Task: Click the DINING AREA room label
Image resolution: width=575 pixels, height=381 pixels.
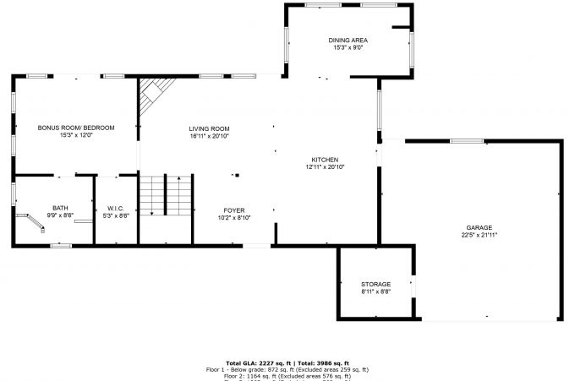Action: point(348,41)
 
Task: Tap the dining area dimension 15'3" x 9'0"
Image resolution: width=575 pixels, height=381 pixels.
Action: point(348,48)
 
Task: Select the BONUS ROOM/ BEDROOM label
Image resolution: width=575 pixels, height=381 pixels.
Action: point(75,128)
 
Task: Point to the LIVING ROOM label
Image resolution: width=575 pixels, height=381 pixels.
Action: point(209,128)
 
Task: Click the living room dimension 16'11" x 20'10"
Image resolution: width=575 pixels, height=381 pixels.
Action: point(209,136)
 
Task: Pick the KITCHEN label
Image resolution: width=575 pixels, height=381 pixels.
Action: point(325,160)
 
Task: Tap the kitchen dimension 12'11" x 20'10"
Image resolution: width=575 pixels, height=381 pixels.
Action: point(325,167)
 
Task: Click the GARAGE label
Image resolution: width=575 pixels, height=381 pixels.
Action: point(479,228)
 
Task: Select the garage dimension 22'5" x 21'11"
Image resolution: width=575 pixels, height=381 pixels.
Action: point(479,236)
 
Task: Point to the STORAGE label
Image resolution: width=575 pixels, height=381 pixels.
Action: point(375,284)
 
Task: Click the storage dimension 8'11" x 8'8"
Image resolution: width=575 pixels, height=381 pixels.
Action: point(375,291)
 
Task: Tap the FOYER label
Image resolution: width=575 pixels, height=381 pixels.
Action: point(233,210)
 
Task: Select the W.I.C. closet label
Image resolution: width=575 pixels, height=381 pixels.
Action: point(116,208)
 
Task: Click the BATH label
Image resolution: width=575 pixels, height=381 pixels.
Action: point(60,208)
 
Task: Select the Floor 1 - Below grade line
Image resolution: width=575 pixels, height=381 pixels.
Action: point(287,370)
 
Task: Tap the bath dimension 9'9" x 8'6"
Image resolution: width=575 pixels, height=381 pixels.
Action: point(60,215)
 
